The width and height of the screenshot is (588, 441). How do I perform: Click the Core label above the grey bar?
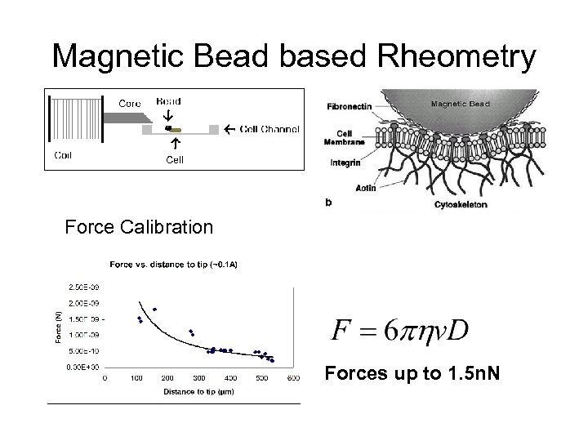point(130,104)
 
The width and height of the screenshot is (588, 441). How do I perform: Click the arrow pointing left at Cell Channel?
point(230,129)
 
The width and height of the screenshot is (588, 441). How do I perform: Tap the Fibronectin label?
point(350,106)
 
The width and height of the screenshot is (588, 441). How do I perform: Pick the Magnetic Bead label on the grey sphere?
point(459,103)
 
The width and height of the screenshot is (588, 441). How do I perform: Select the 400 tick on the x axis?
point(231,378)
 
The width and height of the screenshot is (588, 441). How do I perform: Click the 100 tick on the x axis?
point(136,378)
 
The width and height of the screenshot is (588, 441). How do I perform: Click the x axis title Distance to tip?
point(200,390)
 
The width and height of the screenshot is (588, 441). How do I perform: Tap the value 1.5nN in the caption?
point(478,375)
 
